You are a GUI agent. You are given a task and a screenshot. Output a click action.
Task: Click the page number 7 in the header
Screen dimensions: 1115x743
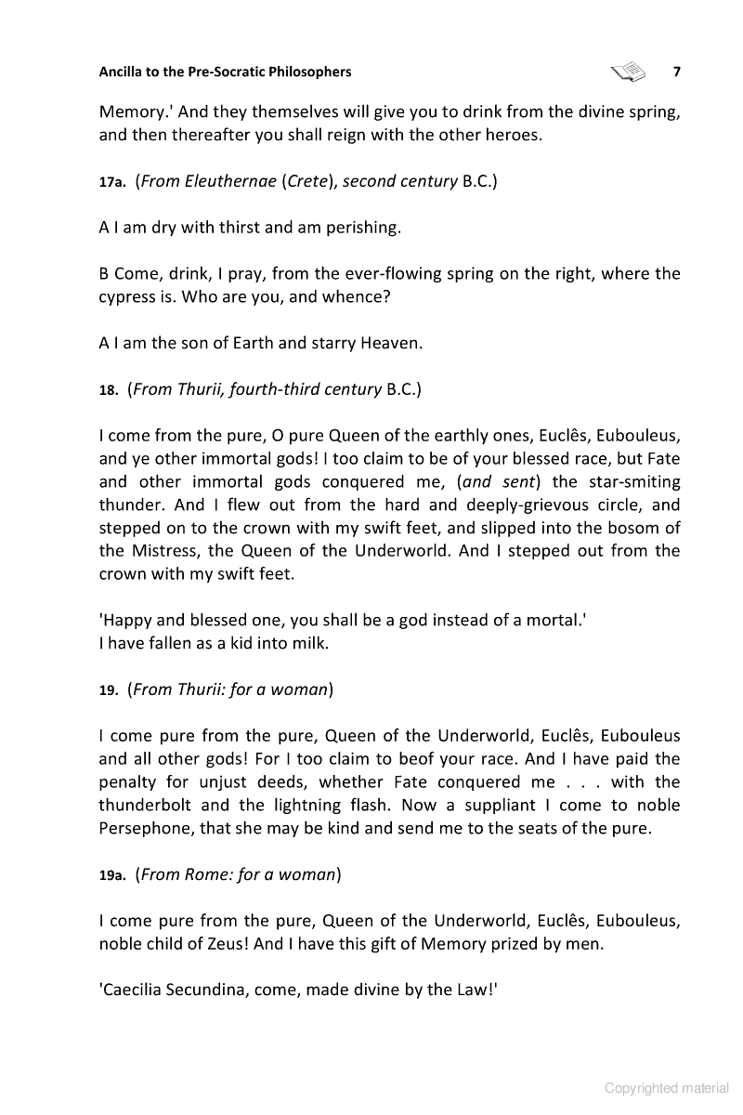tap(677, 72)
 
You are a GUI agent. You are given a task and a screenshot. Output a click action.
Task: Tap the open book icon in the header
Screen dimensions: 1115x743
tap(629, 72)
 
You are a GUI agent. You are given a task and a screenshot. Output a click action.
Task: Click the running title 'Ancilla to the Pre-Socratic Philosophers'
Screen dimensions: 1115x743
tap(226, 72)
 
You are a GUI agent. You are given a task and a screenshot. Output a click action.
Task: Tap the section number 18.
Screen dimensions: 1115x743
tap(108, 390)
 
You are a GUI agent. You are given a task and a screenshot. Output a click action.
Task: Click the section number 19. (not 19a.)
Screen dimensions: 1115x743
tap(108, 690)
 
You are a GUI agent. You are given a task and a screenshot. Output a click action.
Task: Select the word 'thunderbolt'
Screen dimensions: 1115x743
tap(150, 805)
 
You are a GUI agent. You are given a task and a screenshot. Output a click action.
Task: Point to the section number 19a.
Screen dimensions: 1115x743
tap(111, 875)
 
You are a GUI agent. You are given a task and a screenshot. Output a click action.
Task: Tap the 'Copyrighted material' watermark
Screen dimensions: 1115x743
tap(667, 1088)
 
